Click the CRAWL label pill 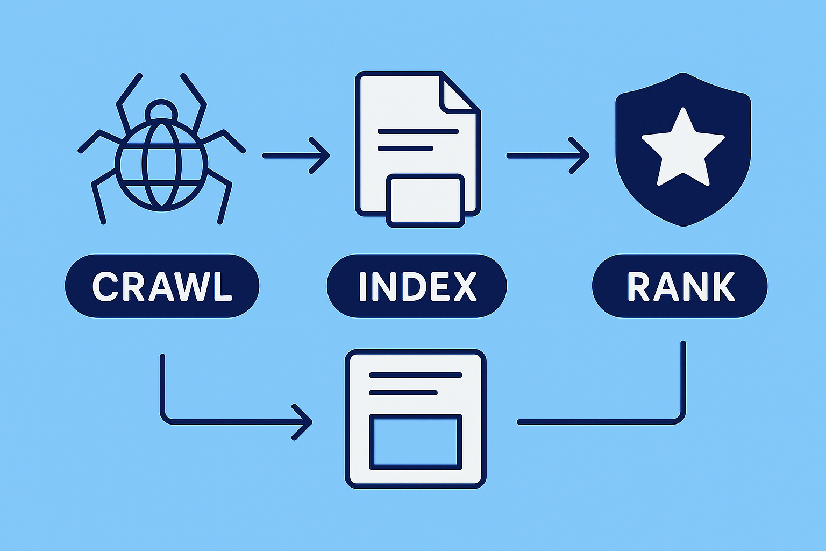coord(161,286)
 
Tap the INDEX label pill coord(417,286)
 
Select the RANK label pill coord(680,286)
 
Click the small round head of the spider coord(161,111)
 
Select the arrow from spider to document coord(296,156)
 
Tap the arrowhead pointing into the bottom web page coord(304,422)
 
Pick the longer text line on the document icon coord(418,131)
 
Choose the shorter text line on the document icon coord(405,149)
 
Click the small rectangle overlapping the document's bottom coord(425,201)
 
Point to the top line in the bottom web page coord(415,375)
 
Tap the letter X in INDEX coord(463,286)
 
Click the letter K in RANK coord(722,286)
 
